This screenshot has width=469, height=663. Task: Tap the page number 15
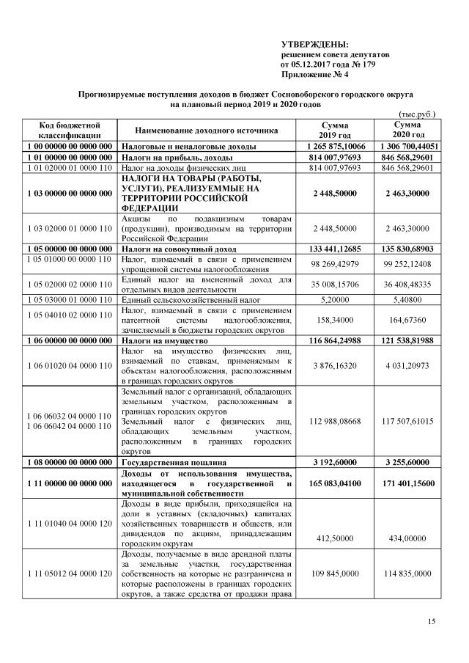[x=432, y=622]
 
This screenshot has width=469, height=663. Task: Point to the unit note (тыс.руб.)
[x=416, y=114]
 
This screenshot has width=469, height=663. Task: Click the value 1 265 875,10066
[x=333, y=147]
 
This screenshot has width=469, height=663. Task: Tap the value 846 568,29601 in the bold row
[x=407, y=157]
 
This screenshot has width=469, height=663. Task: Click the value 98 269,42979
[x=333, y=263]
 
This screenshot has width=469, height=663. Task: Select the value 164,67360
[x=407, y=320]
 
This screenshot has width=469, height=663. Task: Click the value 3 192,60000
[x=333, y=464]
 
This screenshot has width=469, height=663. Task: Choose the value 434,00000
[x=407, y=538]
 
